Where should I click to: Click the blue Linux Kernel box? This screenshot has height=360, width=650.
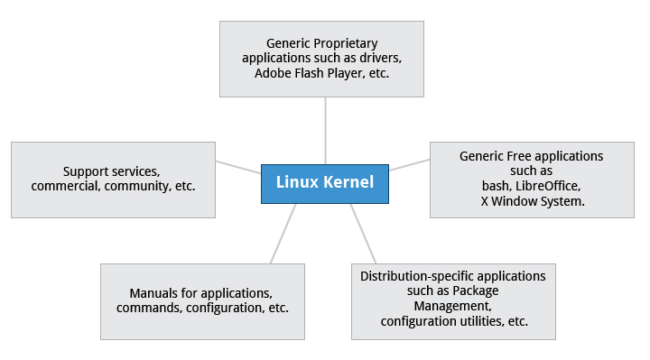click(x=324, y=183)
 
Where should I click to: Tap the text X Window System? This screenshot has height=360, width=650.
click(x=533, y=200)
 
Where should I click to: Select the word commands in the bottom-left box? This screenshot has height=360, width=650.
click(x=146, y=309)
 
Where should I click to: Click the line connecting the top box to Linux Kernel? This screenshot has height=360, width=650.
click(x=325, y=130)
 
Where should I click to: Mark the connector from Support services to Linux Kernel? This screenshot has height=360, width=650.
click(x=238, y=168)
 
